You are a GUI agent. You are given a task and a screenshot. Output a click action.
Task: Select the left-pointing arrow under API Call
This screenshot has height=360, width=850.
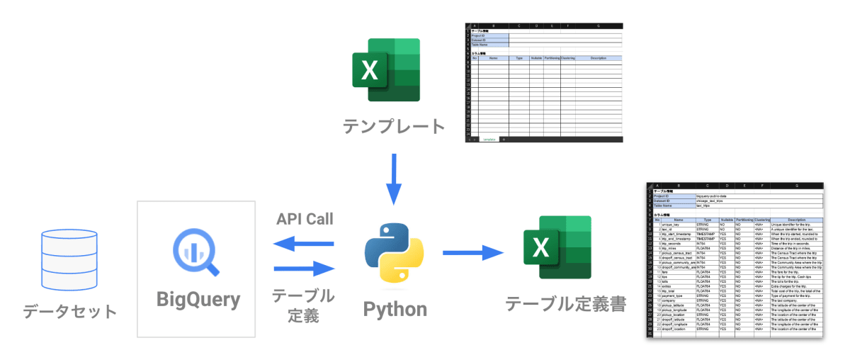tap(304, 244)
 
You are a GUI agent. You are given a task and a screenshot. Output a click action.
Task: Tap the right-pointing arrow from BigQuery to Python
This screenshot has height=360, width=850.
tap(304, 268)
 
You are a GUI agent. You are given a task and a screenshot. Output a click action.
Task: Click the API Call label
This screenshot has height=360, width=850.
tap(305, 218)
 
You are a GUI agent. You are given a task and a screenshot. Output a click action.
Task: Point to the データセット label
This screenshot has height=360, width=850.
tap(69, 311)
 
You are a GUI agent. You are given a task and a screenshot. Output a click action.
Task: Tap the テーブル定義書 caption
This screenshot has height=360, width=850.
tap(565, 303)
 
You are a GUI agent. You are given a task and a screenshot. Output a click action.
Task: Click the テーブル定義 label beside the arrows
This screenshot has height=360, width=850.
tap(304, 305)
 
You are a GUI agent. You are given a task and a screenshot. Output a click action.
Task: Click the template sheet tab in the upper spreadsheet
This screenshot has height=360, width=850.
tap(487, 140)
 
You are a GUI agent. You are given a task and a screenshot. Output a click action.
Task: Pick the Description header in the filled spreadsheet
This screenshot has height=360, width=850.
tap(797, 220)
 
